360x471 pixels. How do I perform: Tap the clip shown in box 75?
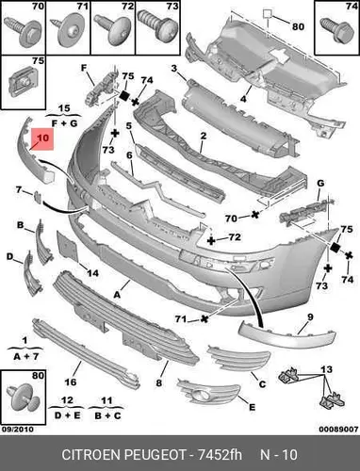point(24,81)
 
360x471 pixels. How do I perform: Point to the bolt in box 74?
point(337,30)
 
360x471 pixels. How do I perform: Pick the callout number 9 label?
point(310,317)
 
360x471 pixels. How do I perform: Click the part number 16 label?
point(71,382)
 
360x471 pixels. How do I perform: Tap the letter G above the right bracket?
point(320,183)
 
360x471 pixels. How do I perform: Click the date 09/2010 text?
point(18,429)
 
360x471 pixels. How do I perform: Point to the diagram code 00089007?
point(338,429)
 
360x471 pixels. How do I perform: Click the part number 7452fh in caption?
point(220,454)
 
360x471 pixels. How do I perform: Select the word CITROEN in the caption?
point(91,454)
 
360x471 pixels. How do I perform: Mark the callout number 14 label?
point(92,273)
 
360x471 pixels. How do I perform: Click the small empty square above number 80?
point(268,14)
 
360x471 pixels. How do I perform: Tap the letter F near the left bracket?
point(84,68)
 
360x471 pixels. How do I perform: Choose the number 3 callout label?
point(174,68)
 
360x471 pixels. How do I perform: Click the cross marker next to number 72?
point(212,241)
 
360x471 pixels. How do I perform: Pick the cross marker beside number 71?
point(205,319)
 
